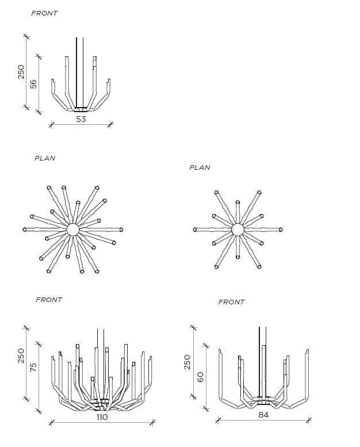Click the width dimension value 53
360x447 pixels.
(x=81, y=119)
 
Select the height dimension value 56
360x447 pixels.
(x=33, y=84)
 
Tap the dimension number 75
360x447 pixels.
(x=33, y=367)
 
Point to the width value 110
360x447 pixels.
(x=102, y=417)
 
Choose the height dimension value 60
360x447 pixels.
(x=200, y=377)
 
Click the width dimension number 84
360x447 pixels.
(x=263, y=415)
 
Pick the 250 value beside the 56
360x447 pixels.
(x=21, y=72)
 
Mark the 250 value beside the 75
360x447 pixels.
(x=21, y=356)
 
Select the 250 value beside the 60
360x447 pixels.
(x=187, y=362)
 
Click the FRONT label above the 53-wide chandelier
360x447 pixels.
(x=44, y=13)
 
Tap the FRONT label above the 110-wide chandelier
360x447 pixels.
(x=49, y=300)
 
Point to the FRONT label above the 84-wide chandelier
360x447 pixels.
(x=231, y=302)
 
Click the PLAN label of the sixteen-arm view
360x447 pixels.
(x=45, y=158)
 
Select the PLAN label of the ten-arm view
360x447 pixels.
(x=200, y=167)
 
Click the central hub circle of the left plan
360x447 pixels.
(x=72, y=230)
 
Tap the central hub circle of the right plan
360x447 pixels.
(x=238, y=230)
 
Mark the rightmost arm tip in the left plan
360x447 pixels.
(x=121, y=230)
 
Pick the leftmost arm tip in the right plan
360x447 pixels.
(x=195, y=230)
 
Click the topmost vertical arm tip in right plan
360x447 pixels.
(x=238, y=203)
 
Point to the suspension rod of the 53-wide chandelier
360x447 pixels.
(x=80, y=72)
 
